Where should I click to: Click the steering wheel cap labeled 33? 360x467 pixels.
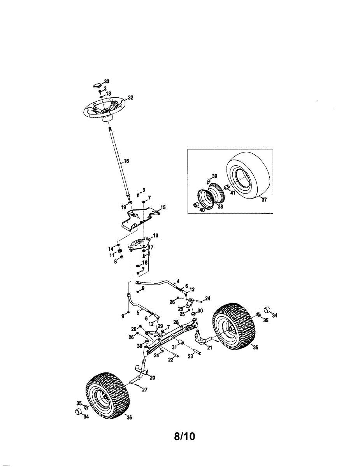(97, 84)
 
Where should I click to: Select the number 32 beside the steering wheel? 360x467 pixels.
(130, 98)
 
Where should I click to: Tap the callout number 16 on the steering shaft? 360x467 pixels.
(126, 160)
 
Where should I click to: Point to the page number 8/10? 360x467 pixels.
(184, 436)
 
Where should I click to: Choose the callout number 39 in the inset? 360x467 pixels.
(214, 176)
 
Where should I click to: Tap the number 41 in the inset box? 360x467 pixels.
(233, 192)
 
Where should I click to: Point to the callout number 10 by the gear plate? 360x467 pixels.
(155, 236)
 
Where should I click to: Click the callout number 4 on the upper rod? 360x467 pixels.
(178, 281)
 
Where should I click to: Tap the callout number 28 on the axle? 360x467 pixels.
(176, 322)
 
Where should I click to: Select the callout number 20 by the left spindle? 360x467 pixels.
(152, 377)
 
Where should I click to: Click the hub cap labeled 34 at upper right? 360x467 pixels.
(268, 310)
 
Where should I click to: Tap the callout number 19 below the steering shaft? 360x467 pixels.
(123, 207)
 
